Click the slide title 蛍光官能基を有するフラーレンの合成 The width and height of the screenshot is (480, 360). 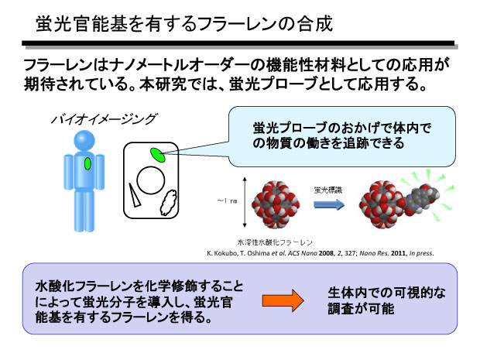[x=185, y=24]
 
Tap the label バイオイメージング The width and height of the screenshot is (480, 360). [x=104, y=121]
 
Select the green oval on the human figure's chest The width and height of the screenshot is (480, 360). [x=88, y=163]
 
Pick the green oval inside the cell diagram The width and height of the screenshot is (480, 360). [x=158, y=155]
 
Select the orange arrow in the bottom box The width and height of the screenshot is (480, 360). [x=283, y=300]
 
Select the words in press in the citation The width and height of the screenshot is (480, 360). [x=419, y=253]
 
